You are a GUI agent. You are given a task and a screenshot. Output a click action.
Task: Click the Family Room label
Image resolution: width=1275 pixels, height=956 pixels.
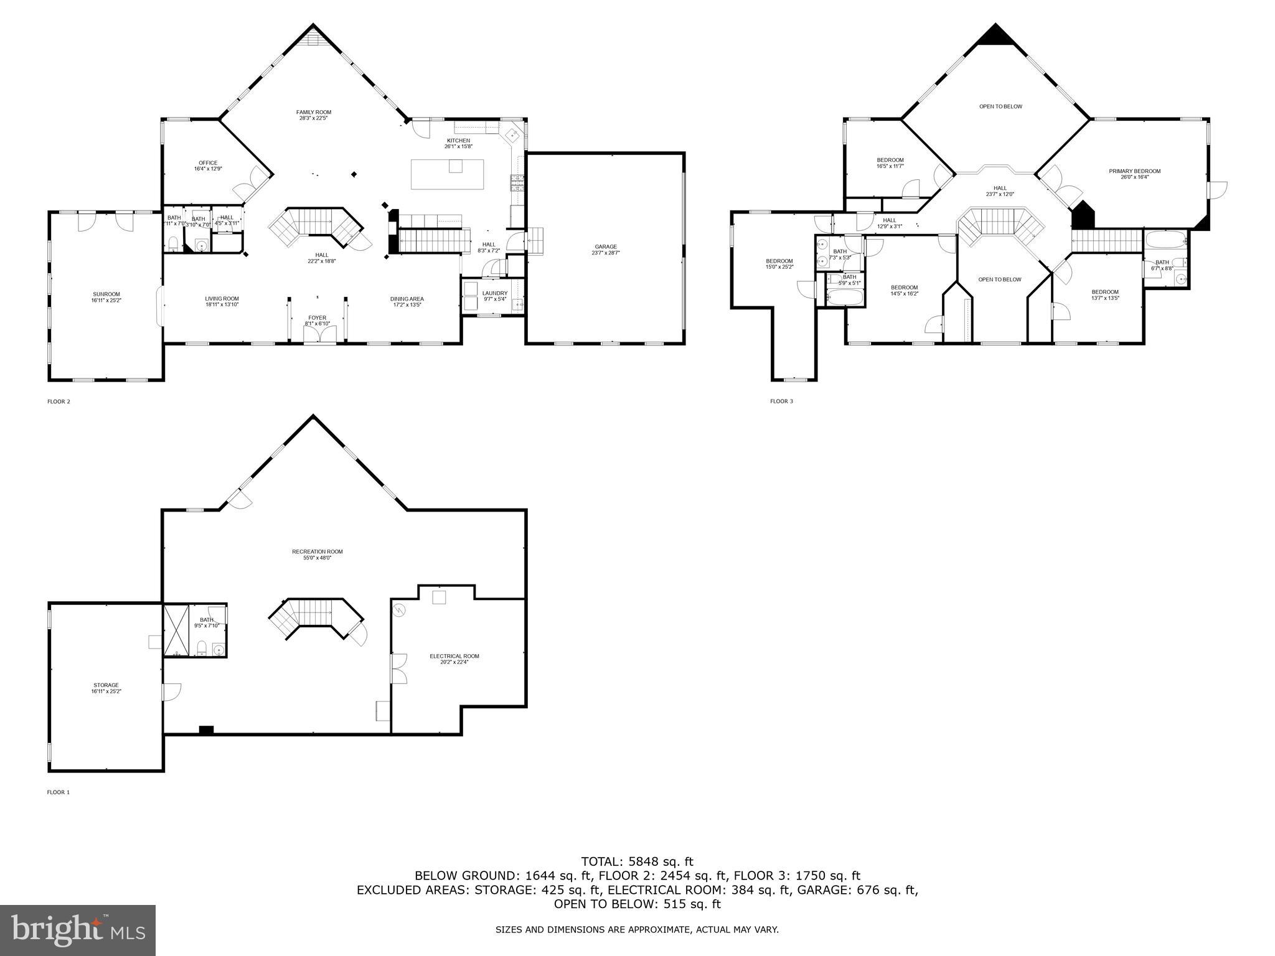point(313,115)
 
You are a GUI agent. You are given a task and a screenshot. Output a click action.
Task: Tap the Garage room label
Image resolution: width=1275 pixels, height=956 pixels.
point(605,250)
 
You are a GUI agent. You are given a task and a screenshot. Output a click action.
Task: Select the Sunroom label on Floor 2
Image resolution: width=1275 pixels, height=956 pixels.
point(106,297)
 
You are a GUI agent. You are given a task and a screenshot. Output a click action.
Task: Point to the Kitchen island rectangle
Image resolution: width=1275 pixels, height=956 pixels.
point(447,174)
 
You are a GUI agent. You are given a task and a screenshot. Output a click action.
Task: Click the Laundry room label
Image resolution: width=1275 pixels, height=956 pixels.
point(495,296)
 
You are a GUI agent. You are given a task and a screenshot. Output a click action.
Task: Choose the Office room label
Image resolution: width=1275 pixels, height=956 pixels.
point(208,166)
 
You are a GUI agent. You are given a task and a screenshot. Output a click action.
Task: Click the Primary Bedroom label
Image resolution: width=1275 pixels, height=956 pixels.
point(1134,174)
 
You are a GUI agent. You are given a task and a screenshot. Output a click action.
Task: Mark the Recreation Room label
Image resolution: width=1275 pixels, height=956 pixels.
point(317,555)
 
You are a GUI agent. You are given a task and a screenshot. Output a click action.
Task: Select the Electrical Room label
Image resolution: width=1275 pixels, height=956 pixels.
point(454,658)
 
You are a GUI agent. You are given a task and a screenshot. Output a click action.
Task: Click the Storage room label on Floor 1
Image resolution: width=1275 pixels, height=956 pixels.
point(106,688)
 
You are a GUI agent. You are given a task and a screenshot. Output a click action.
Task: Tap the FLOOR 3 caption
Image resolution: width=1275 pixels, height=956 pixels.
point(781,401)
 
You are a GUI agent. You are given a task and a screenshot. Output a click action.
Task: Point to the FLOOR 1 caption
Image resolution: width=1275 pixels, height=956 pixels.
point(59,792)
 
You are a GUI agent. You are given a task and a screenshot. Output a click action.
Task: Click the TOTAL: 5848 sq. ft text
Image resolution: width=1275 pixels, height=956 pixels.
point(637,862)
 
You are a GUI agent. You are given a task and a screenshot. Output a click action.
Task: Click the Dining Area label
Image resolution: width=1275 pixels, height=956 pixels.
point(407,302)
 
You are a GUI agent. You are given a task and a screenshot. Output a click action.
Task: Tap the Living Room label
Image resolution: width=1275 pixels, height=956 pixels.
point(222,301)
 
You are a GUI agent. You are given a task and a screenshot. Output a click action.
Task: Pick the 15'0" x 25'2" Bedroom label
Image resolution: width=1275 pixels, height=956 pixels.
point(779,263)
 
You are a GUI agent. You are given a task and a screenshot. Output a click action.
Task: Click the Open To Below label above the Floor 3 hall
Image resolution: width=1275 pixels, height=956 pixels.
point(1000,106)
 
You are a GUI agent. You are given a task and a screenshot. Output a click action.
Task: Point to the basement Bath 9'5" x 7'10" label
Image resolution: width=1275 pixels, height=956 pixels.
point(207,622)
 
